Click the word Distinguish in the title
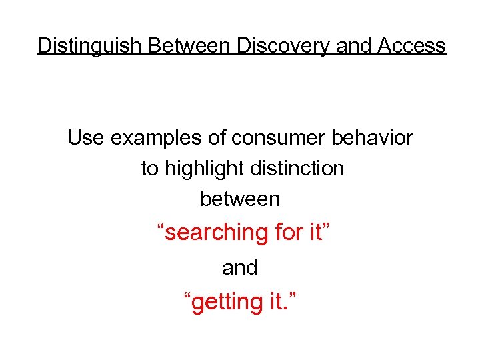[90, 46]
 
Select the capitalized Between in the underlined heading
[189, 46]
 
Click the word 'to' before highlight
[150, 169]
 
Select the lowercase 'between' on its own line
[240, 199]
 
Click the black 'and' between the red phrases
[240, 268]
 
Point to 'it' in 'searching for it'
[316, 233]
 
